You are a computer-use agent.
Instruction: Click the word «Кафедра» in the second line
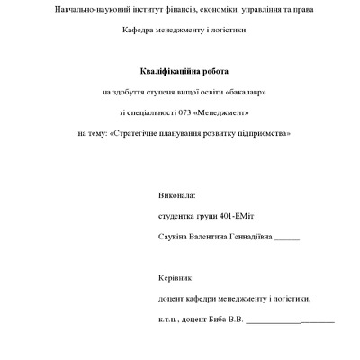(140, 31)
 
